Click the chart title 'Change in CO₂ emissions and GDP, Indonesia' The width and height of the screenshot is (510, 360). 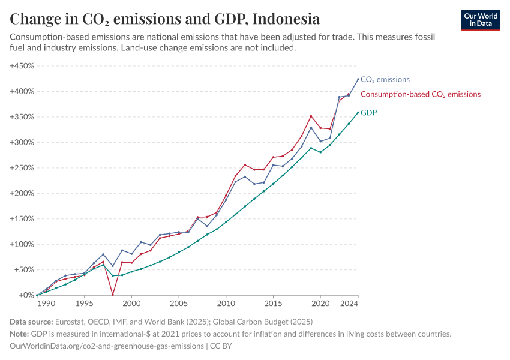coord(164,19)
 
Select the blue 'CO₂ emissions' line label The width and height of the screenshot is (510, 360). coord(385,79)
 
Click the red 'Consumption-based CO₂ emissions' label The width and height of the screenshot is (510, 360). coord(420,94)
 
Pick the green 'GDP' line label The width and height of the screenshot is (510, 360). coord(368,112)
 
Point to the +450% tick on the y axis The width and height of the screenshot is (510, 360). coord(22,66)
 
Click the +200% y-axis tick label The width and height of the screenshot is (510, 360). coord(22,193)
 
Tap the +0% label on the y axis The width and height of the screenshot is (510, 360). coord(26,295)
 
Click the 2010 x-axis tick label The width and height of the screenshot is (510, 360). coord(226,304)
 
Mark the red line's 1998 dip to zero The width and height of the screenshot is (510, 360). coord(113,295)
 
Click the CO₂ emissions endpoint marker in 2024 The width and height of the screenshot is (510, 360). coord(358,79)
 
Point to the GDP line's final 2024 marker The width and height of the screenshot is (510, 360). coord(358,112)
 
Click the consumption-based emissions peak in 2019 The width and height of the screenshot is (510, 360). coord(311,116)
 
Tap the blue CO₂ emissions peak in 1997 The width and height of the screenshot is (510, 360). coord(103,254)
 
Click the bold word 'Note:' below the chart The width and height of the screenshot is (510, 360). coord(21,334)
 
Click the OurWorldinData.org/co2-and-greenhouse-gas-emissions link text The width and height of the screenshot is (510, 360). coord(106,346)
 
